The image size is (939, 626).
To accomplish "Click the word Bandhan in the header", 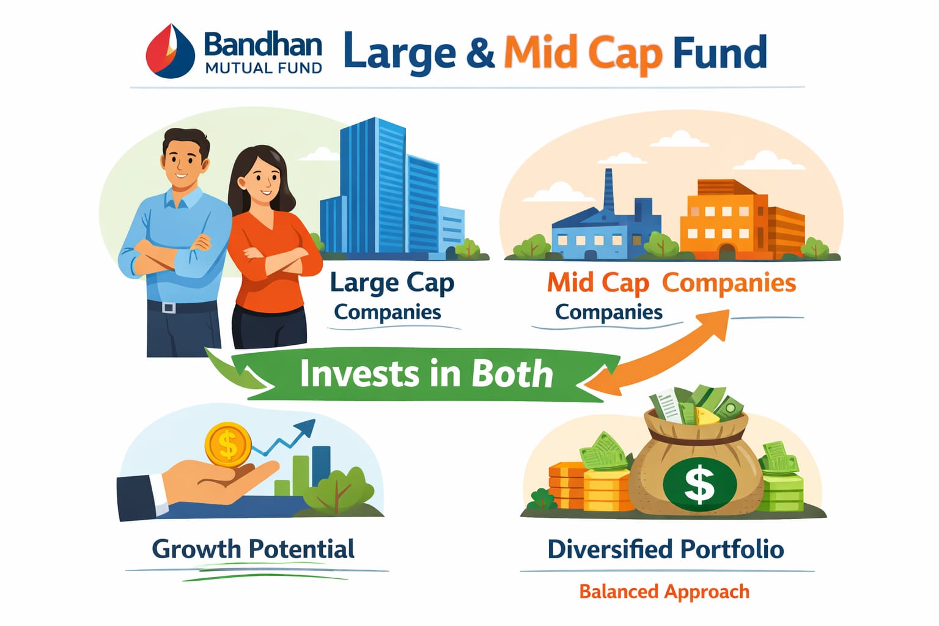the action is pos(263,45).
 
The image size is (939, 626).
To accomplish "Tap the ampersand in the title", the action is pos(480,53).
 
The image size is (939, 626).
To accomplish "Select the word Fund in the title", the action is pos(720,52).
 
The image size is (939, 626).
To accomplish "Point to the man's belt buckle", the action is pos(168,307).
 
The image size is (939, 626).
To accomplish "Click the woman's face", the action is pos(263,181).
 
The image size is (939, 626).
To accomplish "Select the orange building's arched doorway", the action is pos(727,251).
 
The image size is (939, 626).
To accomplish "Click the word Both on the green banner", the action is pos(512,373).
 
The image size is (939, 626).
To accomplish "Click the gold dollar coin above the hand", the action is pos(228,445).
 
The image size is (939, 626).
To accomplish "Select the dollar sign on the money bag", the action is pos(699,485).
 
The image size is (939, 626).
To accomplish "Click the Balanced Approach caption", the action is pos(665,592).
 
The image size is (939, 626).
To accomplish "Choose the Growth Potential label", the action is pos(253,549).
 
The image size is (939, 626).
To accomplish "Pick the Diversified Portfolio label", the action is pos(666,549).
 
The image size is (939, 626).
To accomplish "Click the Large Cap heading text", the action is pos(392,284).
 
